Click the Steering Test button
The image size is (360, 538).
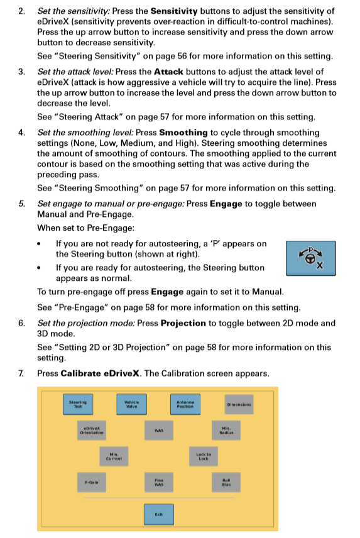pyautogui.click(x=79, y=404)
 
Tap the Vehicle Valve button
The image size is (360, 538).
pyautogui.click(x=131, y=404)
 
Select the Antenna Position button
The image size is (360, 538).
pyautogui.click(x=185, y=404)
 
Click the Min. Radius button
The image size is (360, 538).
pyautogui.click(x=226, y=431)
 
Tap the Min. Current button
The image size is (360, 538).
pyautogui.click(x=114, y=456)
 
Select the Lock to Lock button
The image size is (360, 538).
pyautogui.click(x=204, y=456)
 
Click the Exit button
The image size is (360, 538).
pyautogui.click(x=159, y=514)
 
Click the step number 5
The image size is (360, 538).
pyautogui.click(x=22, y=204)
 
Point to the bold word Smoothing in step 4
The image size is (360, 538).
pyautogui.click(x=183, y=133)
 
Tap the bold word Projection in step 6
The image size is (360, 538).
pyautogui.click(x=183, y=323)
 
